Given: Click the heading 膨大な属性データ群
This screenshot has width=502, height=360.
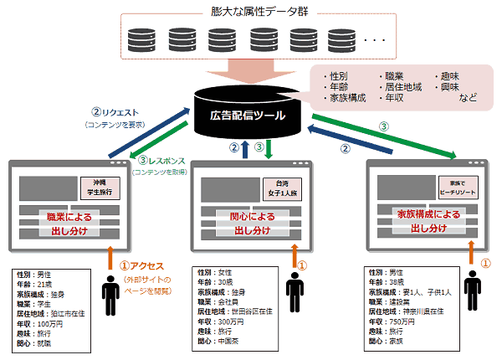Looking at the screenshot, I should coord(252,12).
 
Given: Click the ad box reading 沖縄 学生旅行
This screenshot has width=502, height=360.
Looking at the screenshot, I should coord(100,187).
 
